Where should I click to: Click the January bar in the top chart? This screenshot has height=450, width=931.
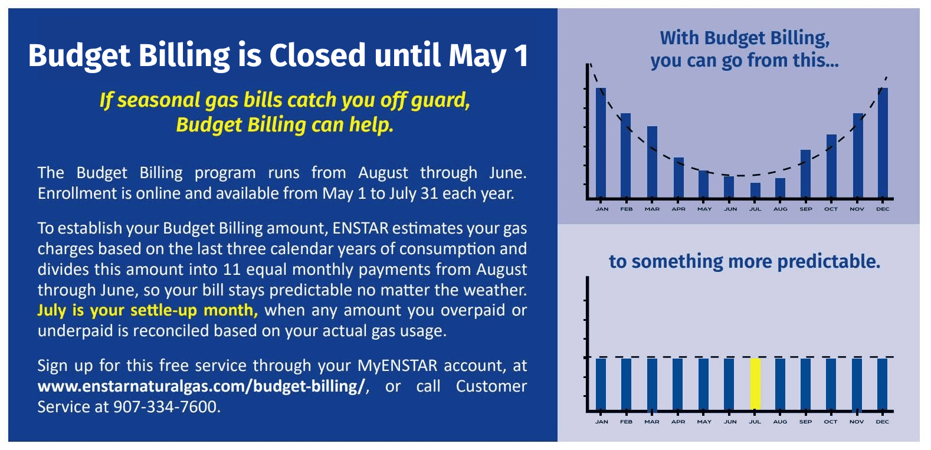[x=601, y=143]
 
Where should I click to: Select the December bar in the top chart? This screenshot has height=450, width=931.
[x=883, y=143]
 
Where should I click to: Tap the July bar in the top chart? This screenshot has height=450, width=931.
[x=755, y=190]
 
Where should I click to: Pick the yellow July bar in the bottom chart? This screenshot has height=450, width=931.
[x=755, y=384]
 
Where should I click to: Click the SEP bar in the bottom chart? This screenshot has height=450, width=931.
[x=805, y=384]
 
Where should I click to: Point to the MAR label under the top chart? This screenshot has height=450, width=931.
[x=652, y=209]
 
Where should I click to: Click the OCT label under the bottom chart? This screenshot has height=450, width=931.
[x=831, y=422]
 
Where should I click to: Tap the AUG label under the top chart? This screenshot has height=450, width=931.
[x=781, y=209]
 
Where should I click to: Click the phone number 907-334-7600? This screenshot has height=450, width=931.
[x=165, y=407]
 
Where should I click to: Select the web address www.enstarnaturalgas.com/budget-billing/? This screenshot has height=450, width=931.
[x=201, y=386]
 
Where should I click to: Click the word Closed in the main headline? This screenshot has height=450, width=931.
[x=317, y=55]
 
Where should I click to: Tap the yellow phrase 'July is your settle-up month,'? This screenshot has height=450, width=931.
[x=147, y=310]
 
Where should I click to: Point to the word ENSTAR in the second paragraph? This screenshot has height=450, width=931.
[x=360, y=228]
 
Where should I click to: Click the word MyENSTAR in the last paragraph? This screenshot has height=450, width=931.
[x=397, y=366]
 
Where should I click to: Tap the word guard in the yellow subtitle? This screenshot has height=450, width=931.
[x=440, y=100]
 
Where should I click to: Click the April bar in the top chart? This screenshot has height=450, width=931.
[x=678, y=178]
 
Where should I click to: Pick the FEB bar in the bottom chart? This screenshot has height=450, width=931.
[x=627, y=384]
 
